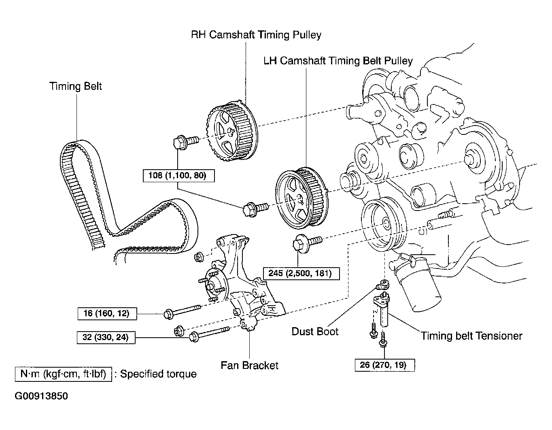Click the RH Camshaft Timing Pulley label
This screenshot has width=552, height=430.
[256, 35]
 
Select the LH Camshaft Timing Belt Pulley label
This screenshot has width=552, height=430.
[338, 61]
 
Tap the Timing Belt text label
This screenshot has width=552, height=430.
[75, 86]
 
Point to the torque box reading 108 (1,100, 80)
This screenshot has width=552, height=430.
[178, 176]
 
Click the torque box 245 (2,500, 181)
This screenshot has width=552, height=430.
[301, 273]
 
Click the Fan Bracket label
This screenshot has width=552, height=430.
[249, 366]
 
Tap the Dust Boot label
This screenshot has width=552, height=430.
[315, 331]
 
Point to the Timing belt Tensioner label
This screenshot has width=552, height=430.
[471, 336]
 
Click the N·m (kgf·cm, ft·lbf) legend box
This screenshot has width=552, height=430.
[63, 374]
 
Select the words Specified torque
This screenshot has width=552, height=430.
[158, 374]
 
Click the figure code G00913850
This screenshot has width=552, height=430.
[41, 396]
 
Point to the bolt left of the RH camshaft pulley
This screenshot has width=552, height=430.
[186, 142]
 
